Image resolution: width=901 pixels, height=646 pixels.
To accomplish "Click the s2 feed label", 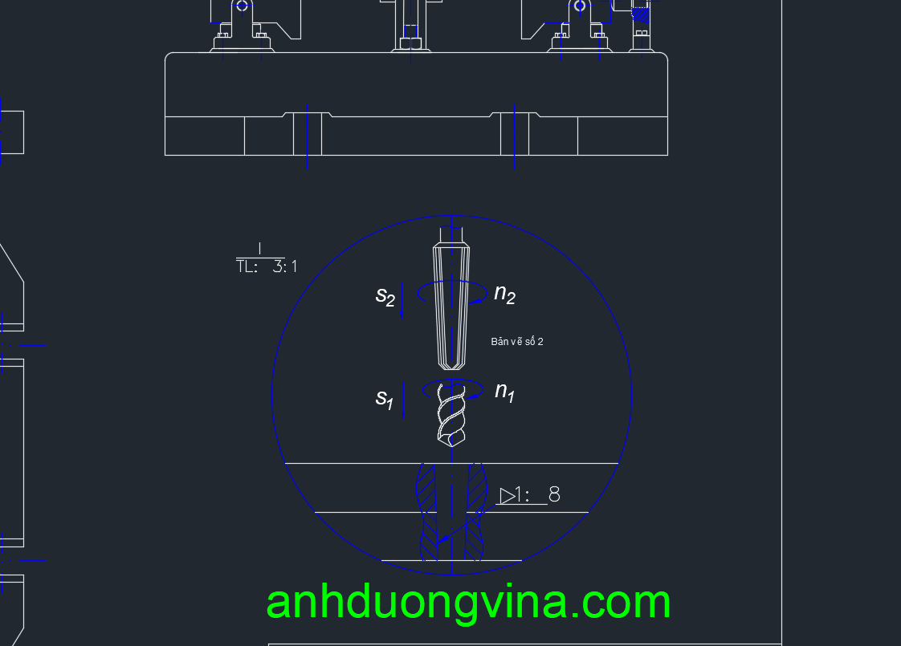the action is (x=385, y=297).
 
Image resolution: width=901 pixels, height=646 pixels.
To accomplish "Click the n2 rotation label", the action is (x=504, y=294).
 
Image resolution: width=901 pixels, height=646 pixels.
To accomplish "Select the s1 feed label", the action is (x=385, y=397).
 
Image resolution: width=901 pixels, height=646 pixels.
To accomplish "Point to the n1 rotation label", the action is (x=504, y=392).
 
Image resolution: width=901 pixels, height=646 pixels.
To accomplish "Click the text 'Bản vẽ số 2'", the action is (x=516, y=342).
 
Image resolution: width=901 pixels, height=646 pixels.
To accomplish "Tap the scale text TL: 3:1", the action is (x=267, y=266).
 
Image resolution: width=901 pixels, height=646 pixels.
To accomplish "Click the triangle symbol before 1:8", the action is (x=508, y=496).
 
